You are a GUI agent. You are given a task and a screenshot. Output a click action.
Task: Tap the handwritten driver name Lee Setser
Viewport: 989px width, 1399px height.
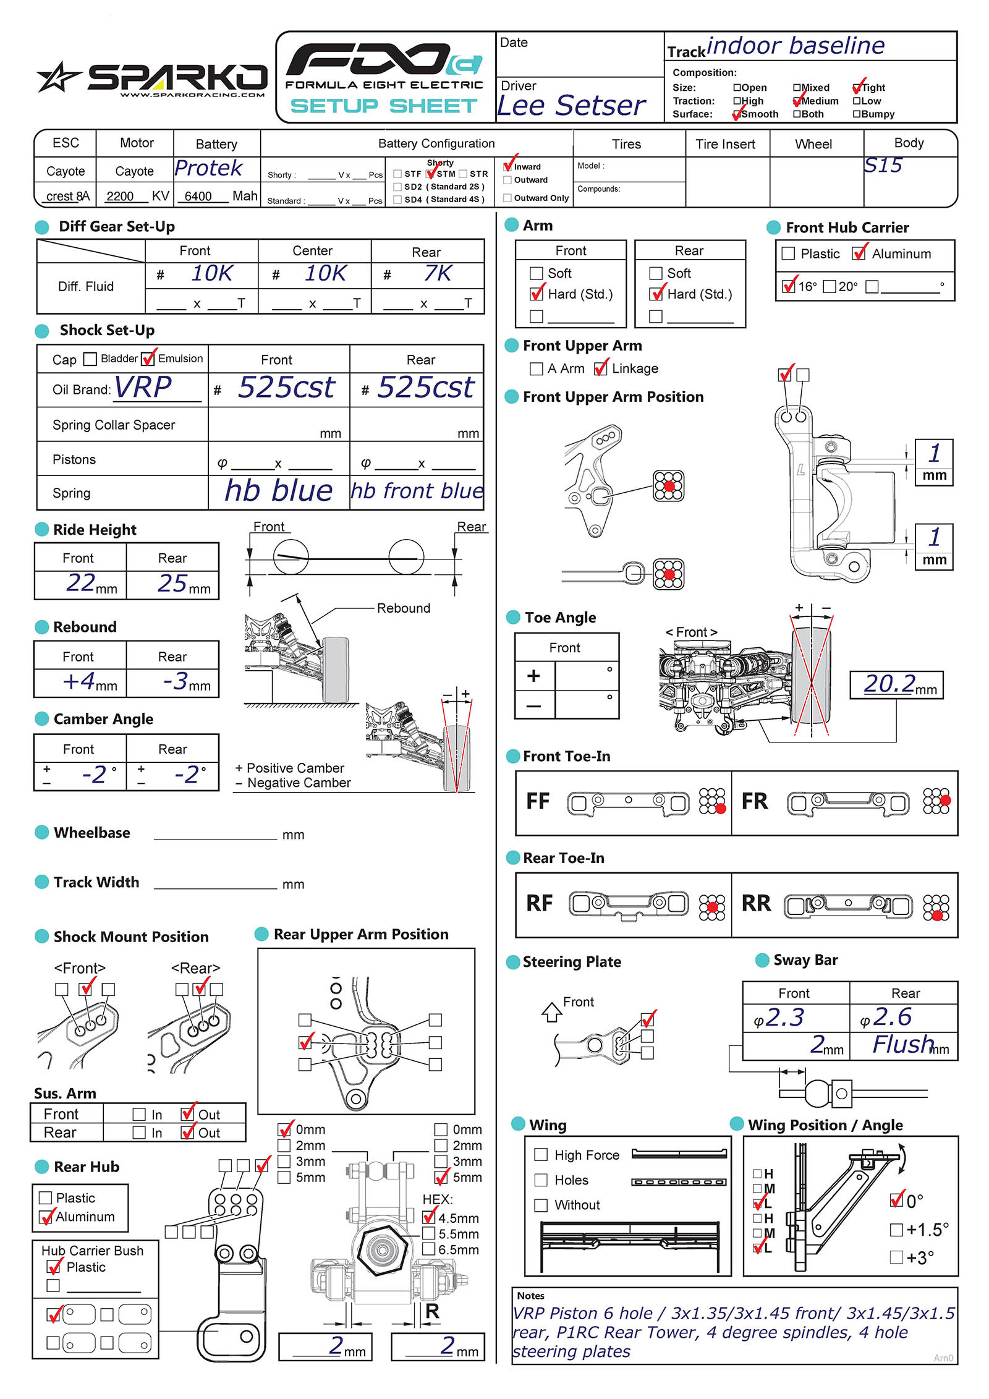[571, 106]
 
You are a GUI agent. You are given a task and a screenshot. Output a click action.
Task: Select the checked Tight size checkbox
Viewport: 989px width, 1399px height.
[857, 88]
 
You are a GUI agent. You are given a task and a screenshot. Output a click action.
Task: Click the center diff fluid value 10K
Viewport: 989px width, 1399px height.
[325, 273]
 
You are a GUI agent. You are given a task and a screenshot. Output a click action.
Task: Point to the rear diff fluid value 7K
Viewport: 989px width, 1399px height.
[438, 273]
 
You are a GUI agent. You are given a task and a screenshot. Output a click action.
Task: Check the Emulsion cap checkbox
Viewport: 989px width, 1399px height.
[148, 359]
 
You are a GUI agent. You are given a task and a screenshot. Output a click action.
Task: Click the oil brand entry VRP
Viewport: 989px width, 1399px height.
[143, 388]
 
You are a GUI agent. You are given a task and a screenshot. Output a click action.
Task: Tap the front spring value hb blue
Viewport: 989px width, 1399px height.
[278, 491]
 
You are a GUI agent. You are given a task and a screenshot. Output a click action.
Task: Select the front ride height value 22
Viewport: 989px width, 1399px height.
[81, 583]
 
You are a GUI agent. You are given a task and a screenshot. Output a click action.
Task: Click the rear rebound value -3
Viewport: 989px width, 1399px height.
[176, 681]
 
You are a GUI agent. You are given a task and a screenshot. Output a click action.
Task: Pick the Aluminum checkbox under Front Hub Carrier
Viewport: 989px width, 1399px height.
[858, 253]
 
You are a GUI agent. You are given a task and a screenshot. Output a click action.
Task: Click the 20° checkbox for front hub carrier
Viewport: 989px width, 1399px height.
[830, 286]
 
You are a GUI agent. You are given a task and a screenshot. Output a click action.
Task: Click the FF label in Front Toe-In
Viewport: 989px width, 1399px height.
[538, 802]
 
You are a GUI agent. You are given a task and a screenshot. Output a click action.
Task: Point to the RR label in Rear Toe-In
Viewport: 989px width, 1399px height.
[756, 904]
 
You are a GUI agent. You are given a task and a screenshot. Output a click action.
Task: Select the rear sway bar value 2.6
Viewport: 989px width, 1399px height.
[893, 1017]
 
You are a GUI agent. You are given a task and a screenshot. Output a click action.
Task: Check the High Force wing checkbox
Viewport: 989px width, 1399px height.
[541, 1155]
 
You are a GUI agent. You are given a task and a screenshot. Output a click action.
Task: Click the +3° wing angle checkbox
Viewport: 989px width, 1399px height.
[896, 1257]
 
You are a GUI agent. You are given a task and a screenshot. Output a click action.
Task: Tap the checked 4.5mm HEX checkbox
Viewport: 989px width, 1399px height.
[428, 1217]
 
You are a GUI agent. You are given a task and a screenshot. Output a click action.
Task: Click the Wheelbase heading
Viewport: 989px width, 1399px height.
[92, 833]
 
